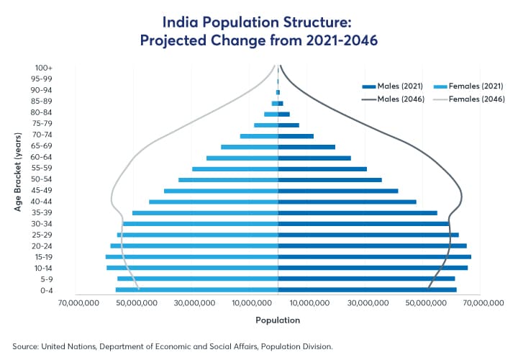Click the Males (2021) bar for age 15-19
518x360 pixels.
click(x=374, y=256)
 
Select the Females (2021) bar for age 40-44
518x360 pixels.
click(x=213, y=202)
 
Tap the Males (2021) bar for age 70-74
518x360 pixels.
click(x=296, y=135)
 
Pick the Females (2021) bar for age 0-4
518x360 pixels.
click(x=196, y=290)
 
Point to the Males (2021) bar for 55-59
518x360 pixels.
click(x=322, y=168)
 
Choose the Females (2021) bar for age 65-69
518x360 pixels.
click(x=249, y=147)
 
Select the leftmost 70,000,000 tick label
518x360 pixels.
click(x=77, y=304)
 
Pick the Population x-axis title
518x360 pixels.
click(x=278, y=320)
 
